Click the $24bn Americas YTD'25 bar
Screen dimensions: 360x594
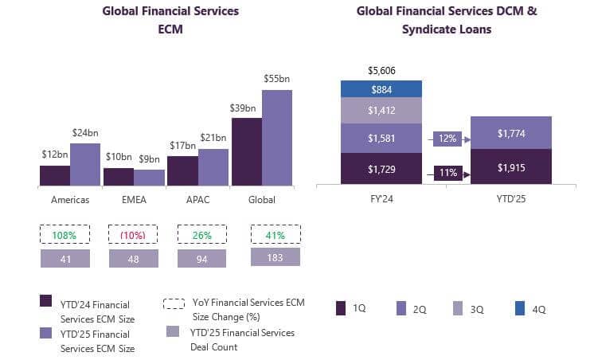point(84,165)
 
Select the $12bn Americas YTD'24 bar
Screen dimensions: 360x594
point(54,176)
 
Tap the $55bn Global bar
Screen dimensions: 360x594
point(277,138)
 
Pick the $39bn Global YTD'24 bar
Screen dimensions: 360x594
point(247,152)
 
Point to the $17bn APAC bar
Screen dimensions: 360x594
point(182,171)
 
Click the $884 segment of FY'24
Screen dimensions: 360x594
point(381,89)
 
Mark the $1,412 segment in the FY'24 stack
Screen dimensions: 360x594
point(381,111)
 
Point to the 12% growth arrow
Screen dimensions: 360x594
point(451,139)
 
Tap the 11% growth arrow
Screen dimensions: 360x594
point(451,171)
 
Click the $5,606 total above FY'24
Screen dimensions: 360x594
point(381,71)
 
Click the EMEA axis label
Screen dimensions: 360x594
point(133,200)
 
